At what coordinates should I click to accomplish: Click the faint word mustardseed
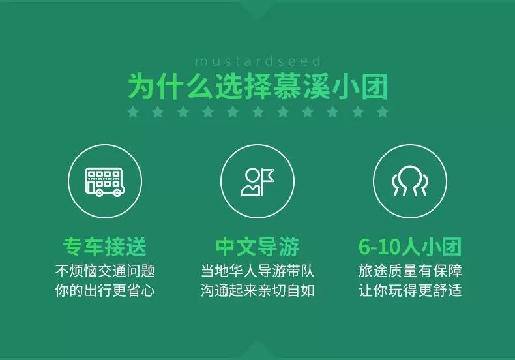coord(258,61)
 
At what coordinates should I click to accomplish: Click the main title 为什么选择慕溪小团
coord(258,87)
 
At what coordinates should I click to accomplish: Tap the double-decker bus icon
coord(105,182)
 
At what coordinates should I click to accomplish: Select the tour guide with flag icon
coord(257,182)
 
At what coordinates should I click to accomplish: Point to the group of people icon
coord(410,181)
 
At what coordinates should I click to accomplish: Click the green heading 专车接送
coord(105,247)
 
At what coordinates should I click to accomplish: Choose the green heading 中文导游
coord(257,247)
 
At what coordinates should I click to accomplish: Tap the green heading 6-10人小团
coord(410,247)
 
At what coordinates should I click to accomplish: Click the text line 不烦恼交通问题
coord(105,271)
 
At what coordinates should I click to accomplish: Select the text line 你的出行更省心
coord(105,290)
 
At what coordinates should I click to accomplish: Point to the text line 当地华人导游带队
coord(257,271)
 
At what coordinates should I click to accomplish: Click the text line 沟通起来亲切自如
coord(257,290)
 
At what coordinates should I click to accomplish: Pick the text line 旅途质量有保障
coord(410,271)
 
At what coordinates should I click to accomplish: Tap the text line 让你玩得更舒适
coord(410,290)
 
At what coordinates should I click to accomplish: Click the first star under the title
coord(134,112)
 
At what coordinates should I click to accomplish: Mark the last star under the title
coord(383,112)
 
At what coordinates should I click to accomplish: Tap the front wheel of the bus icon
coord(116,193)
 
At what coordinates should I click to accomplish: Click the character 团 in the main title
coord(375,87)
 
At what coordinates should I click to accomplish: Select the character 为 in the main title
coord(141,87)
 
